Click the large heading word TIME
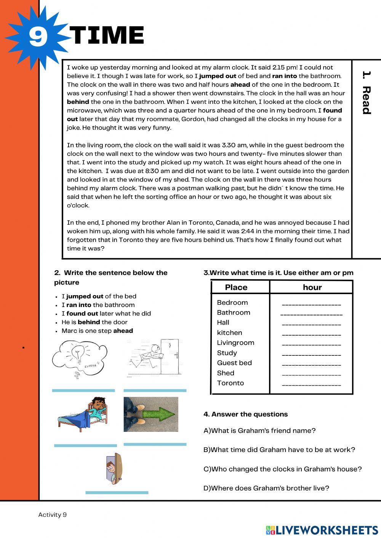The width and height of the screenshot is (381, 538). tap(107, 35)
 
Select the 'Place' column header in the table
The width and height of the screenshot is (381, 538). tap(236, 287)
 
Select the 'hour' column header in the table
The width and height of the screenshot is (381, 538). tap(312, 287)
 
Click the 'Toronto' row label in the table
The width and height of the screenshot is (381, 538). tap(230, 383)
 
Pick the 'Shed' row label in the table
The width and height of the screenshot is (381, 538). tap(226, 373)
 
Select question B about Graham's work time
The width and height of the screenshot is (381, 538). tap(279, 450)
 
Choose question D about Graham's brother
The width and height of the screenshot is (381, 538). tap(266, 488)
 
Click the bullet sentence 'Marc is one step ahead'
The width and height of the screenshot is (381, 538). tap(97, 331)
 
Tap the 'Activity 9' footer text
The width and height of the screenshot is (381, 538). tap(52, 515)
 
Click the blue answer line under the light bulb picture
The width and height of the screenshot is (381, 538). tap(83, 390)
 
